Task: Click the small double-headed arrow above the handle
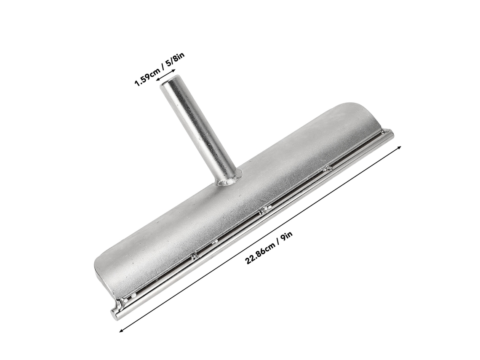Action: (x=167, y=75)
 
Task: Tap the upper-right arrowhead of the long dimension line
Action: (x=399, y=147)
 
